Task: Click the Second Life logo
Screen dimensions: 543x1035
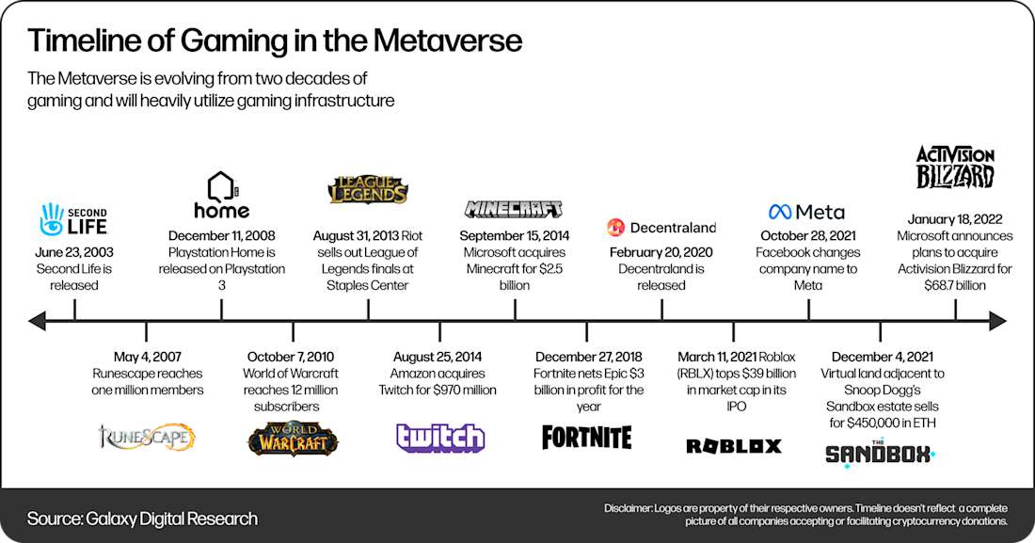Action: (72, 218)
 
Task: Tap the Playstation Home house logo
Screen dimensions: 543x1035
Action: (221, 194)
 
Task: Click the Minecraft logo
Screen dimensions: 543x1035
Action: (514, 209)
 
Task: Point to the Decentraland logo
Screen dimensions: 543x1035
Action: (661, 227)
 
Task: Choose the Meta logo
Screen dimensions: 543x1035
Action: (806, 212)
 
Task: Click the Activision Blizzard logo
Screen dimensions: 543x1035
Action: (955, 168)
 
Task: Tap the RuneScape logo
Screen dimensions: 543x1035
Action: (147, 437)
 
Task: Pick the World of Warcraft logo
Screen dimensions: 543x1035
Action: (293, 439)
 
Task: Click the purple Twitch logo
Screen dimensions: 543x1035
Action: (440, 439)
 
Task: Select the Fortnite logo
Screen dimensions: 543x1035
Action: (587, 438)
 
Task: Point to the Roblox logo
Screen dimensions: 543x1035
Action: (734, 446)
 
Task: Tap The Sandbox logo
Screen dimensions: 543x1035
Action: (879, 451)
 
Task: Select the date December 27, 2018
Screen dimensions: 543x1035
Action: (587, 357)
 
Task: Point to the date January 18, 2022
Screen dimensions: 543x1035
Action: (955, 218)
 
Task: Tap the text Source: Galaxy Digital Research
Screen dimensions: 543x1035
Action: (142, 519)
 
